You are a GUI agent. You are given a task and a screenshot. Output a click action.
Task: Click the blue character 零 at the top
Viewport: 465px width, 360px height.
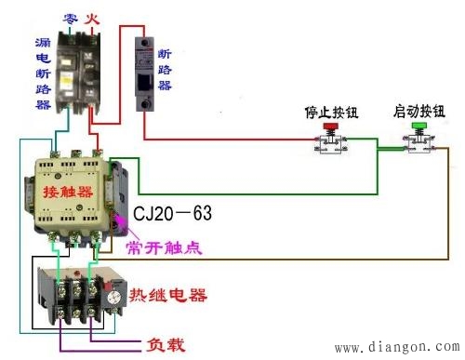click(x=70, y=18)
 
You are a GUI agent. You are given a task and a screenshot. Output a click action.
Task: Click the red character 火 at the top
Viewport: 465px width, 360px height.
click(x=93, y=18)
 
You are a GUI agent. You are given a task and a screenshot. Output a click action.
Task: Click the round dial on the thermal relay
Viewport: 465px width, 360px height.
click(x=115, y=298)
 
